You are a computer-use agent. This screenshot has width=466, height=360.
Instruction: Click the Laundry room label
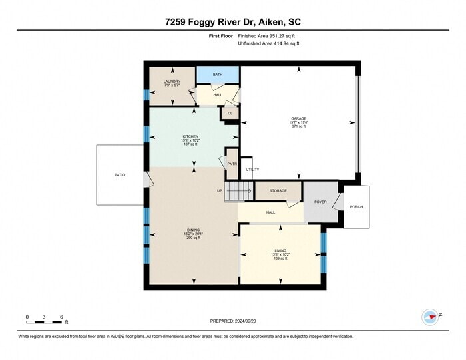[x=172, y=81]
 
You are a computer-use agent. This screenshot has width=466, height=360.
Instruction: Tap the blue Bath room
[x=218, y=75]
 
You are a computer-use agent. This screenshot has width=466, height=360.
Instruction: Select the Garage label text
[x=298, y=118]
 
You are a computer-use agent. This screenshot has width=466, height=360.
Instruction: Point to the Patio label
[x=119, y=175]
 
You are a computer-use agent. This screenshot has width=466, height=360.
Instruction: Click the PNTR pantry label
[x=232, y=164]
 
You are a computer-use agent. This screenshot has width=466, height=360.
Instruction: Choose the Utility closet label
[x=252, y=170]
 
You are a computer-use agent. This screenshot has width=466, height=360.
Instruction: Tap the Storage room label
[x=278, y=191]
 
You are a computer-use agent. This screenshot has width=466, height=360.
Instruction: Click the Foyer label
[x=320, y=201]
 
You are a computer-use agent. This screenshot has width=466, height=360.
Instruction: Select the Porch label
[x=356, y=206]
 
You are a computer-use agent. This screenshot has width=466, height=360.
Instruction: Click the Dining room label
[x=193, y=230]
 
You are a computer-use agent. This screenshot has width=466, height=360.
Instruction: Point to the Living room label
[x=280, y=250]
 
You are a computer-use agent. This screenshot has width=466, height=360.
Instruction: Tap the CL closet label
[x=230, y=113]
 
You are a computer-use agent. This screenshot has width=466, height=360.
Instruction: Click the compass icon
[x=430, y=317]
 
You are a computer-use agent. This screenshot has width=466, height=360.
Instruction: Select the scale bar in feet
[x=44, y=322]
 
